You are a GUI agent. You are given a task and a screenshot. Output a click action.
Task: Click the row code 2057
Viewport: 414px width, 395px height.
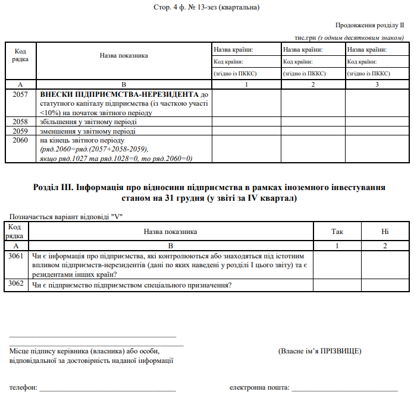20,94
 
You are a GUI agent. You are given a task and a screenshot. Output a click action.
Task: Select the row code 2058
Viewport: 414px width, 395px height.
20,122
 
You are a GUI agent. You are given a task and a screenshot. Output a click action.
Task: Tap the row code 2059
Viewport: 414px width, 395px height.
20,131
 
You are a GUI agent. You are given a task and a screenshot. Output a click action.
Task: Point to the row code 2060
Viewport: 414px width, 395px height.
20,140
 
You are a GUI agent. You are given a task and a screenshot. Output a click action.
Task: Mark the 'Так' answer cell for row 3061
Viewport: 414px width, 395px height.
337,264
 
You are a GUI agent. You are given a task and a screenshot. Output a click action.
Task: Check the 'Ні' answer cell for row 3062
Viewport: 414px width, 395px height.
385,285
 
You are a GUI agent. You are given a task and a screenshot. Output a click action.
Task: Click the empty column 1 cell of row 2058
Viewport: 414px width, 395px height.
246,122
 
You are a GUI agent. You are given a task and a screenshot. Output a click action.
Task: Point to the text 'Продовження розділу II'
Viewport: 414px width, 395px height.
369,26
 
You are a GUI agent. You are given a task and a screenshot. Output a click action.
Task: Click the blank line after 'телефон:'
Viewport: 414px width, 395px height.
108,389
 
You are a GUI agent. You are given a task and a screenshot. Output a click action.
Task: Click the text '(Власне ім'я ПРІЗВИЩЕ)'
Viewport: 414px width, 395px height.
319,350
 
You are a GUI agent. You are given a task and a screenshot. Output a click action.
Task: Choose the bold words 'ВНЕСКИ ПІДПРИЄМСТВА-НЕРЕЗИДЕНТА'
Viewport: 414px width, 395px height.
118,94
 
